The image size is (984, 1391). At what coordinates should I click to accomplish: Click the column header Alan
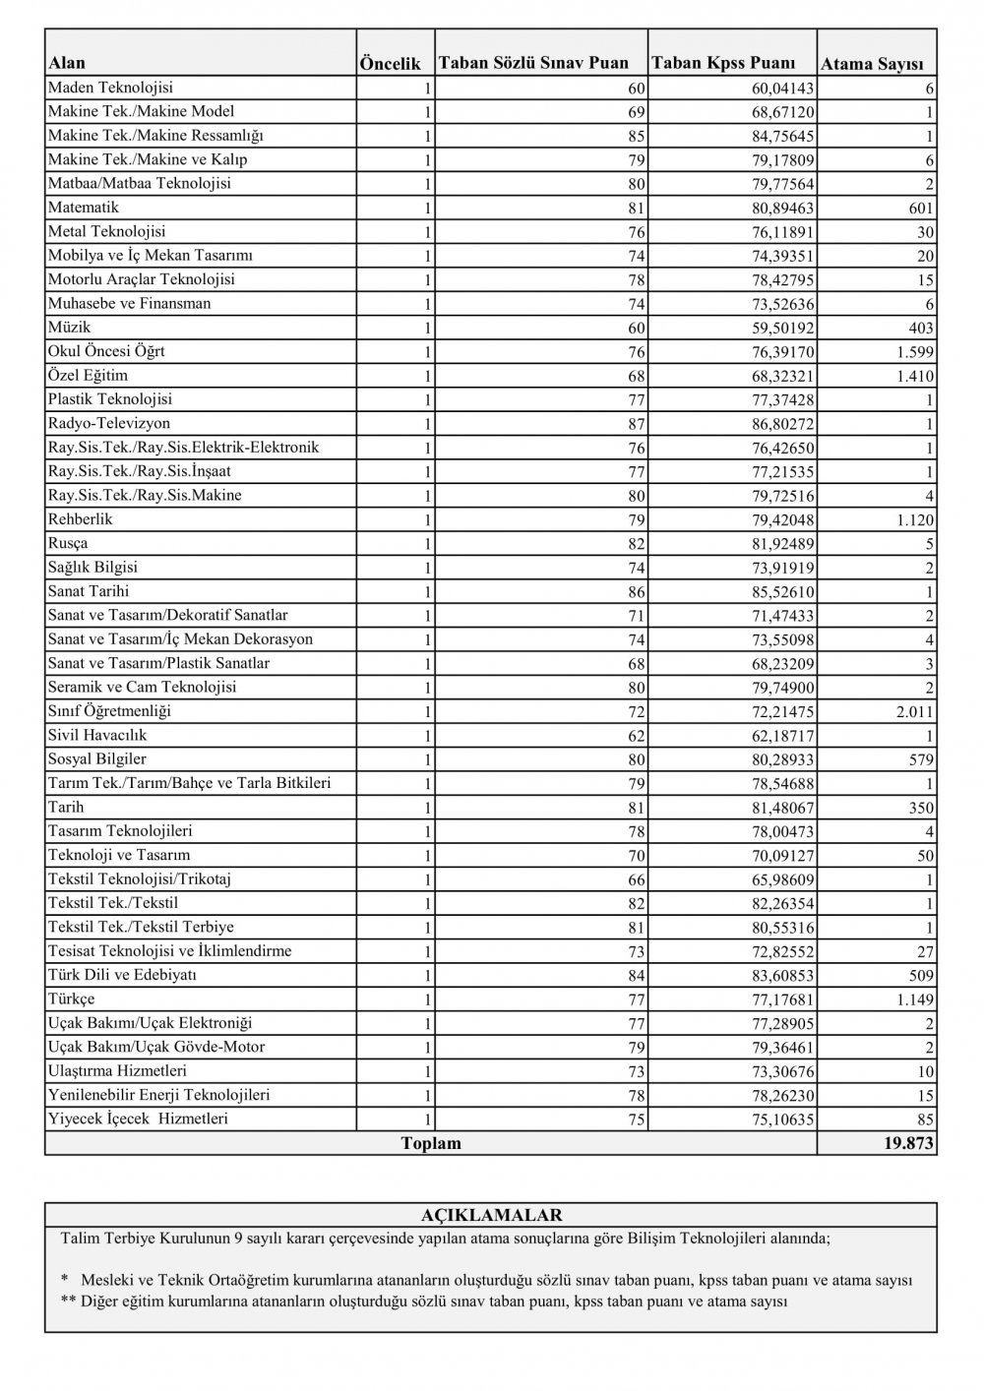tap(67, 63)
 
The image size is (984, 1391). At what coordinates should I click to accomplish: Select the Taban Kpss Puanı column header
tap(723, 63)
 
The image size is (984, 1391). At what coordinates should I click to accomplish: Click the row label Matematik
tap(84, 208)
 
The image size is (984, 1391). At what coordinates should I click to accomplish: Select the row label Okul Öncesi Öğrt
tap(113, 351)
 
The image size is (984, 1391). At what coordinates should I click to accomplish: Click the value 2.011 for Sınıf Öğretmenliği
tap(914, 712)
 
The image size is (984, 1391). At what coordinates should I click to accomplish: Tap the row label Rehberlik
tap(81, 518)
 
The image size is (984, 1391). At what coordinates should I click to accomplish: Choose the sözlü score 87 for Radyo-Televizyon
tap(634, 424)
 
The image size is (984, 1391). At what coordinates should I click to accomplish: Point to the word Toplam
tap(431, 1144)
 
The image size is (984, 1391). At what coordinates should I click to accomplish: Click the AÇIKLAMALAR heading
tap(491, 1215)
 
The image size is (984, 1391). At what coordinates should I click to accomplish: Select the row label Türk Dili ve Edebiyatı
tap(123, 975)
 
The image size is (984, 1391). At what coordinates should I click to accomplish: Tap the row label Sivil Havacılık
tap(97, 735)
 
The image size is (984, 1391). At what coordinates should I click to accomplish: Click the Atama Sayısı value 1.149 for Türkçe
tap(914, 1000)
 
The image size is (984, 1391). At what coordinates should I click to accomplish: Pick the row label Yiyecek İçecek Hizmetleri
tap(138, 1119)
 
